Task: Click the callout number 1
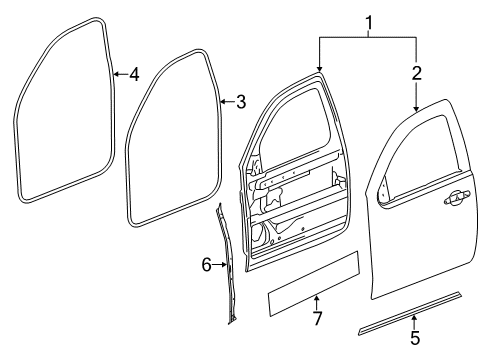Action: click(368, 20)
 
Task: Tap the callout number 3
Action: click(240, 101)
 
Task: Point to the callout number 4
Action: click(133, 73)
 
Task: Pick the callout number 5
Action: click(415, 338)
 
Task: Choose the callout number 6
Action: click(206, 265)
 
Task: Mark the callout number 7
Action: click(316, 318)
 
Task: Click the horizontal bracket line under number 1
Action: click(368, 36)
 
